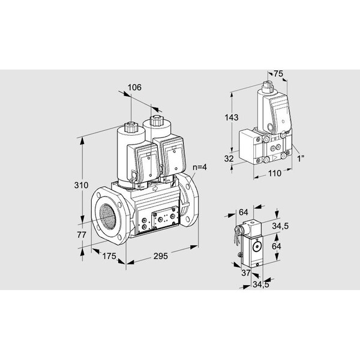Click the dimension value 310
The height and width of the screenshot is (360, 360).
point(81,185)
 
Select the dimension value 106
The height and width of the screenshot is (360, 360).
point(134,88)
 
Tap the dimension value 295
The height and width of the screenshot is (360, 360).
point(160,256)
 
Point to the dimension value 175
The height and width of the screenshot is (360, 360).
point(109,256)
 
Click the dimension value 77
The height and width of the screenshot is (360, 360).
point(82,235)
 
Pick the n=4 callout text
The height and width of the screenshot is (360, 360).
point(200,167)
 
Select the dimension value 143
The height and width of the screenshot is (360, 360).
point(232,118)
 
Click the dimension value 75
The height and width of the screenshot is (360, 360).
point(278,74)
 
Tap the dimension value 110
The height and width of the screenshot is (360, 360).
point(275,173)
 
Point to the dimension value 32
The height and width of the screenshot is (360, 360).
point(229,158)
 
